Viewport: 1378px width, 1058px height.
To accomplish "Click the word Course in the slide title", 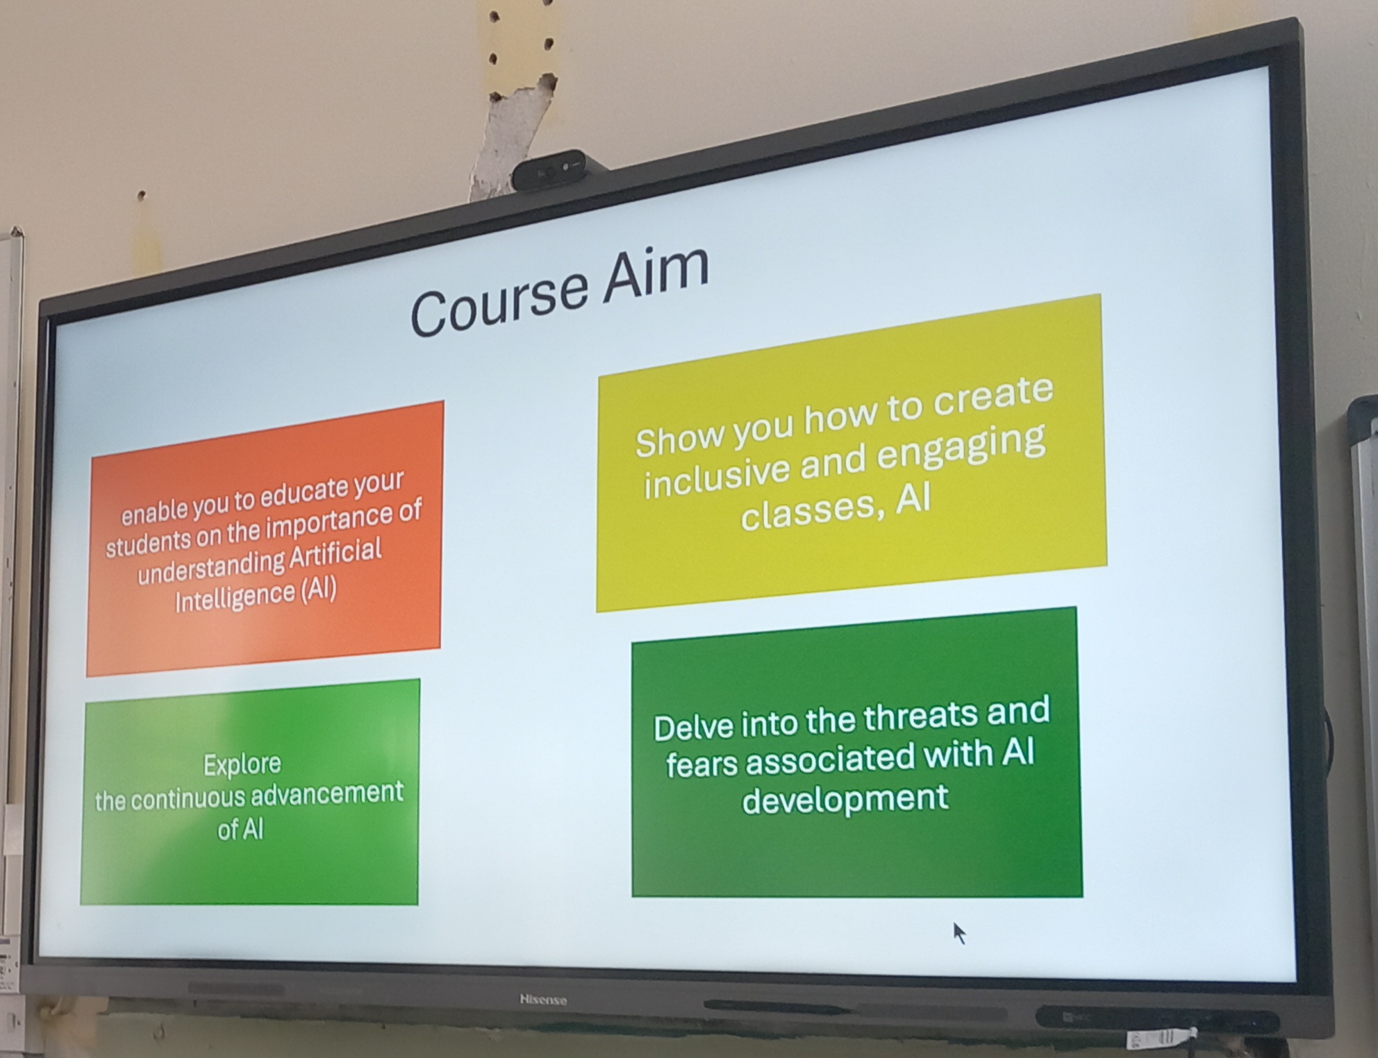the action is click(x=499, y=303).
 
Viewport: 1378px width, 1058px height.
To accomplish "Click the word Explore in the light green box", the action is click(x=242, y=764).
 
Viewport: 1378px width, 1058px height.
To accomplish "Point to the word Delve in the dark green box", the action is click(x=693, y=726).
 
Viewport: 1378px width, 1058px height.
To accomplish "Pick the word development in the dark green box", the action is click(x=845, y=799).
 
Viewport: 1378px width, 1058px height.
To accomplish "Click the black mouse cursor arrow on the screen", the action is click(x=959, y=932).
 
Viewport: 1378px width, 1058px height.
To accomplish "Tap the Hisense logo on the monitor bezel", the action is click(x=543, y=1000).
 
